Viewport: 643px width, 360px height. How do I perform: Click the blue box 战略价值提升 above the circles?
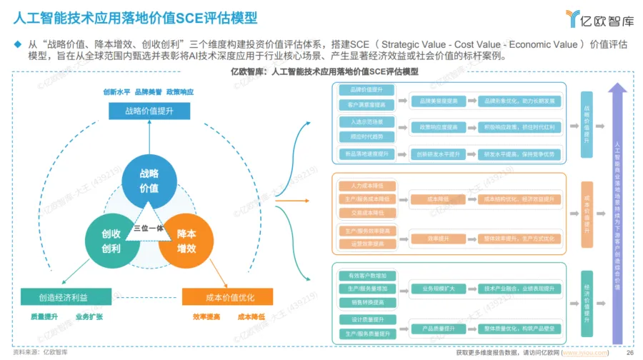point(149,111)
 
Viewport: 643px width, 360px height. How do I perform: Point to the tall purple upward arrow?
point(617,214)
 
